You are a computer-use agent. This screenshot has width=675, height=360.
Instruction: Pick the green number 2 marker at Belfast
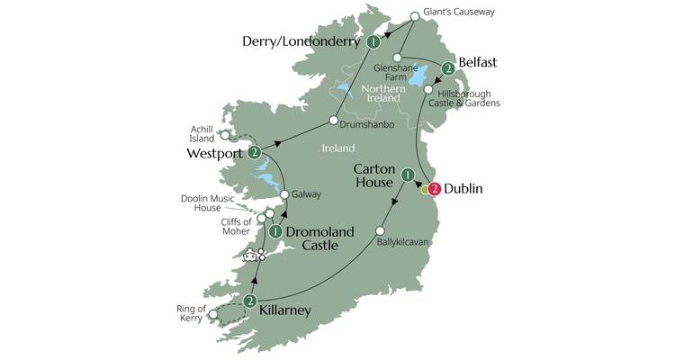coord(447,68)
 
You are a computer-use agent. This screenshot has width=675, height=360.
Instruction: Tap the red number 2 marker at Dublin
coord(435,189)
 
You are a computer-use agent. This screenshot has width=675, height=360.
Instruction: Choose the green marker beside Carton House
coord(408,175)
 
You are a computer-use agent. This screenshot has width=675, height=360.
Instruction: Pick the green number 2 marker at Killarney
coord(250,301)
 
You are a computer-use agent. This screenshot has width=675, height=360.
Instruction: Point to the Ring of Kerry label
coord(191,314)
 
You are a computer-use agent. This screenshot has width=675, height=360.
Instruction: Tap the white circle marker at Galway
coord(285,194)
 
